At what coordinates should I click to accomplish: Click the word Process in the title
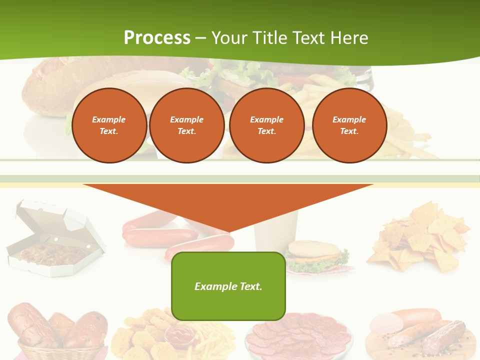click(x=157, y=38)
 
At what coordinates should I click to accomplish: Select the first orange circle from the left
click(x=109, y=125)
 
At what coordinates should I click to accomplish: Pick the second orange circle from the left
click(x=187, y=125)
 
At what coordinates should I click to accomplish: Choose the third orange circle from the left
click(x=267, y=125)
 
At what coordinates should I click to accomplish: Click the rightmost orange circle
click(x=349, y=125)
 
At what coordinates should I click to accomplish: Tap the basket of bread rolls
click(x=57, y=330)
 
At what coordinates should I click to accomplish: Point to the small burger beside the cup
click(x=314, y=255)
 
